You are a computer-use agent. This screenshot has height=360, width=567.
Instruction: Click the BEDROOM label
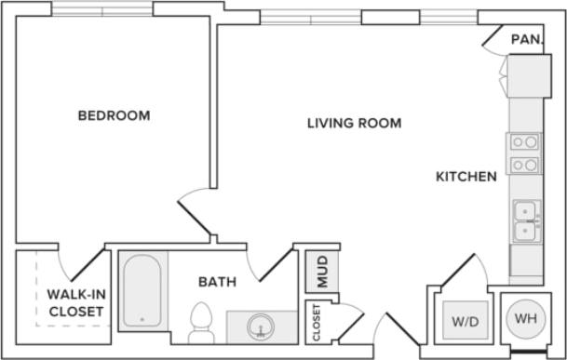point(114,116)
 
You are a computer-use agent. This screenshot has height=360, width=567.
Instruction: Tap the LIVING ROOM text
point(355,123)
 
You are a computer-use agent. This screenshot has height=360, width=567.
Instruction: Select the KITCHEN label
point(466,176)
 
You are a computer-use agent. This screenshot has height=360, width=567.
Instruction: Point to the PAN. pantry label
point(527,40)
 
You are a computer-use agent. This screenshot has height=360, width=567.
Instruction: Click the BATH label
point(216,281)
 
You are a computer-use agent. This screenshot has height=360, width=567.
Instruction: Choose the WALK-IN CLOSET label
point(75,303)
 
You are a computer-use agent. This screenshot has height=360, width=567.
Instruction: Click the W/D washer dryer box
point(465,321)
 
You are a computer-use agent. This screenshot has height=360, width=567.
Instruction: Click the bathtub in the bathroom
point(142,289)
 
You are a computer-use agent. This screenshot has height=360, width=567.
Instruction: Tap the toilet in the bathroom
point(201,321)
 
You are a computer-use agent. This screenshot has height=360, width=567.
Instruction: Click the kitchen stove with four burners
point(524,153)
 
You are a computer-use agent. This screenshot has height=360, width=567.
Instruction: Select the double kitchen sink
point(525,220)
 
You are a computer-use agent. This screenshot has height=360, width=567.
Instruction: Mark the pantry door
point(493,37)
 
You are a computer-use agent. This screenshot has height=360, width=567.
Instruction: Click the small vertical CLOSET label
point(316,322)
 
